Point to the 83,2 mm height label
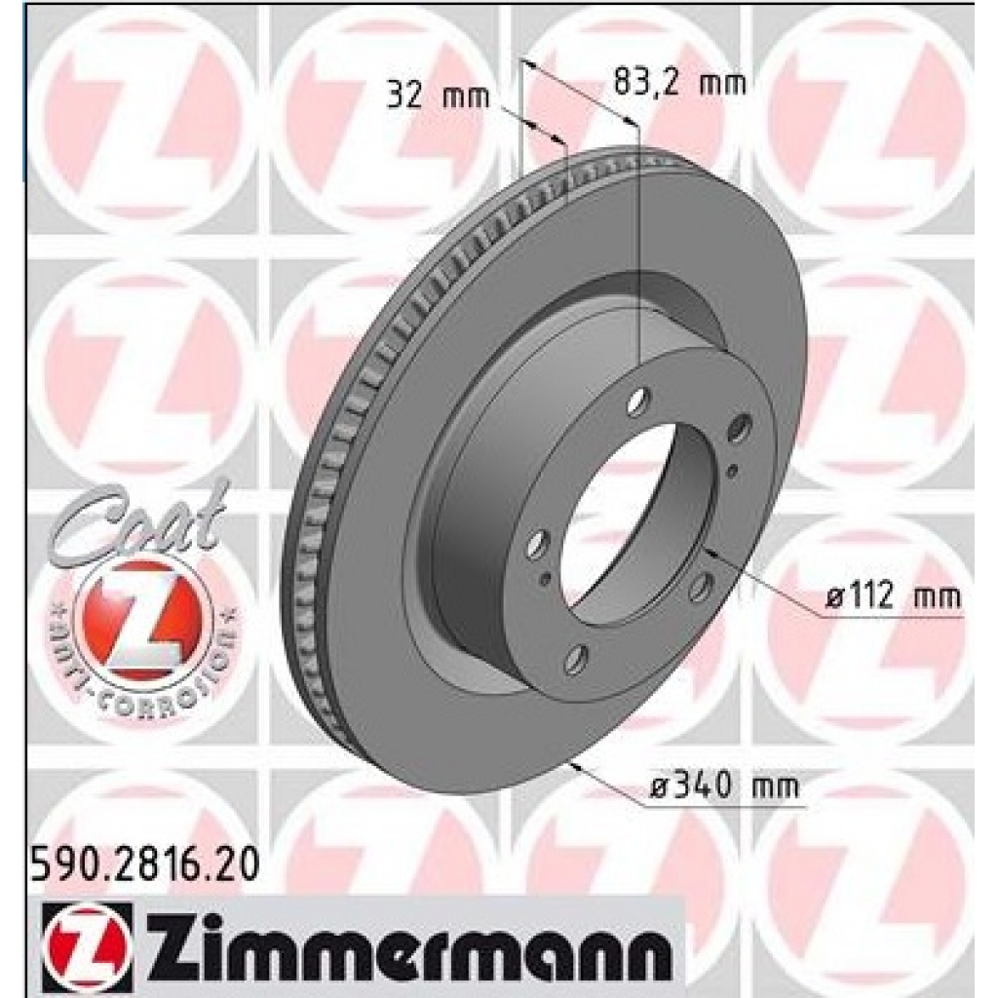pos(679,83)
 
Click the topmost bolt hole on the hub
pos(638,399)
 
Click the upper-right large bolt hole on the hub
pos(741,426)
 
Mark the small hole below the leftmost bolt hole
pos(545,579)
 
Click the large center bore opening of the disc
pos(633,526)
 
